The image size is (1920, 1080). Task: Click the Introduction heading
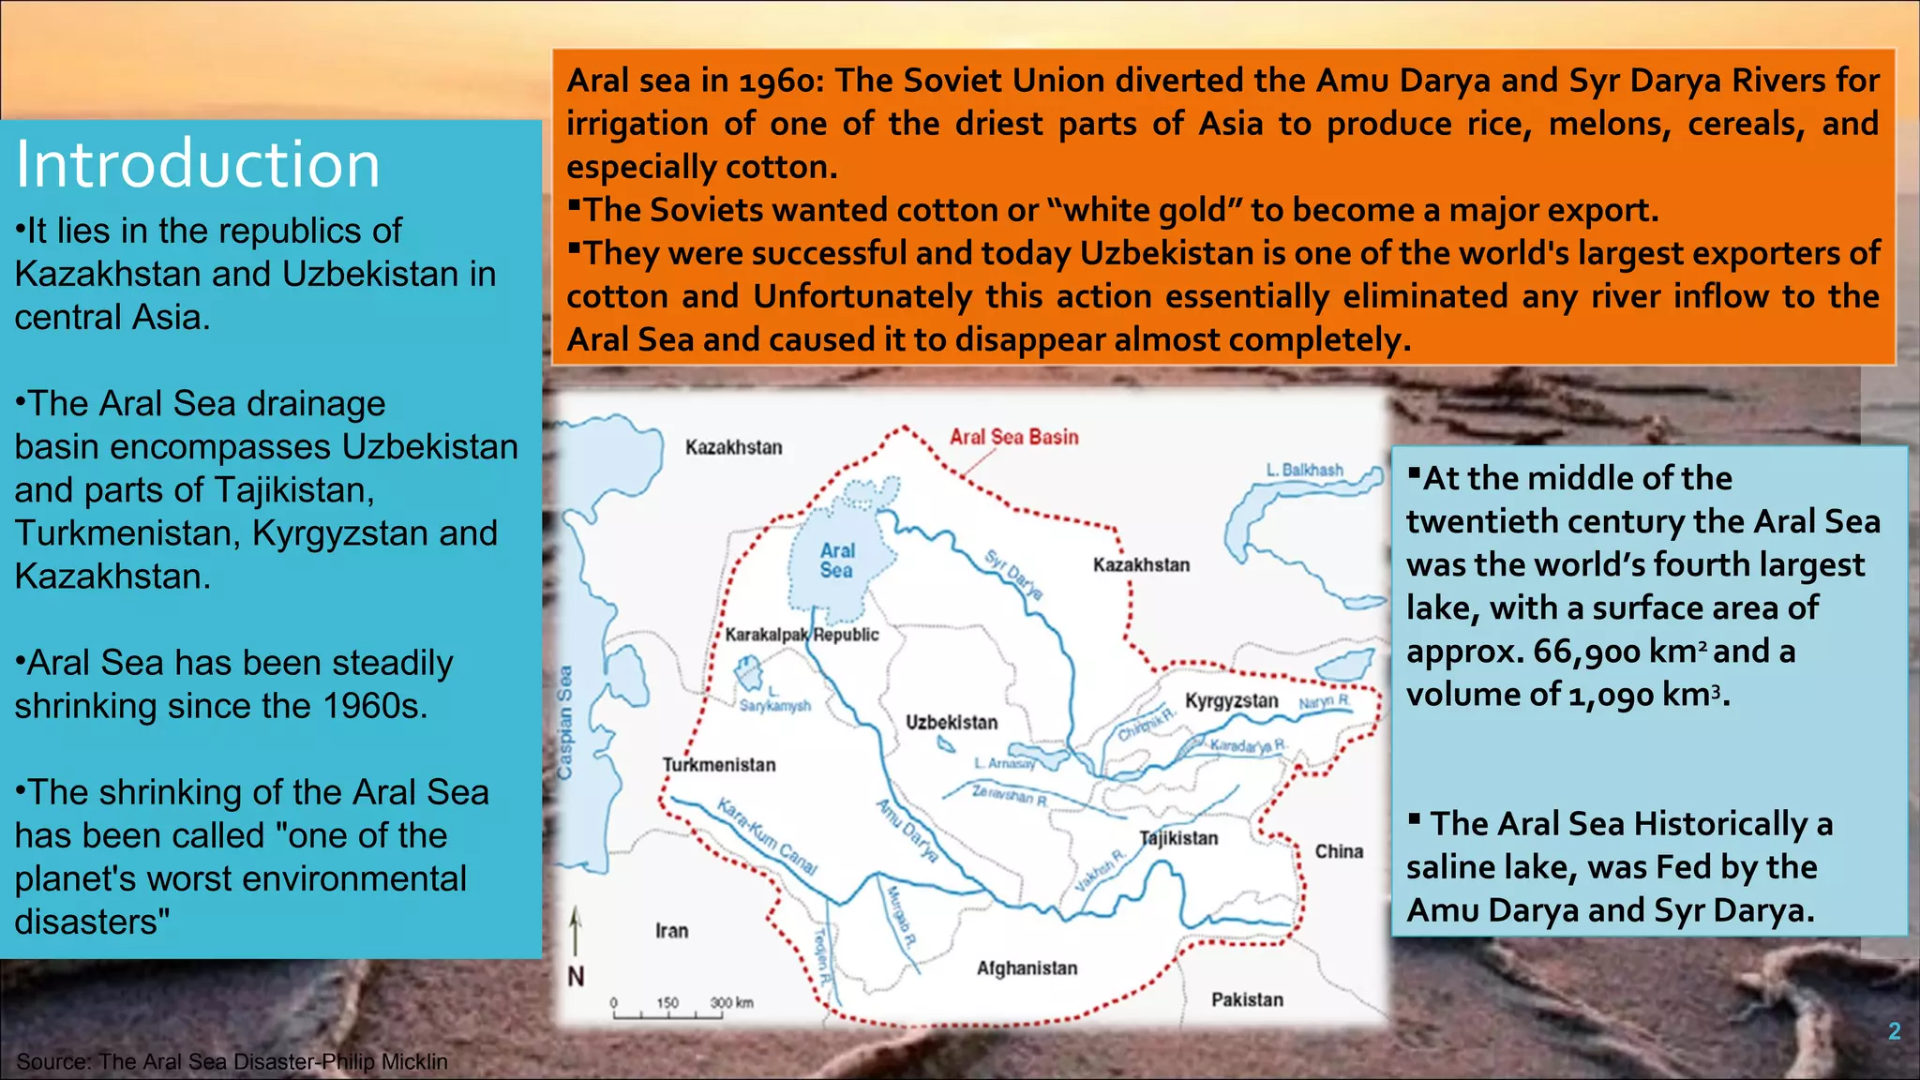pos(198,164)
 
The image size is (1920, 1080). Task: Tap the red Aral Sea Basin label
pos(1013,437)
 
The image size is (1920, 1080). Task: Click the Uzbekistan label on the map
pos(952,722)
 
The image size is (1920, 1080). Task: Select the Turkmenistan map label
pos(719,765)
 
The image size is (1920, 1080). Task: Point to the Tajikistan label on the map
pos(1178,838)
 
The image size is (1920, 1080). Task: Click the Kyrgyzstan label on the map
pos(1231,701)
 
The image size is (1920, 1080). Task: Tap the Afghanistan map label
pos(1027,967)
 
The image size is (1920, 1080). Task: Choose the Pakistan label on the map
pos(1247,999)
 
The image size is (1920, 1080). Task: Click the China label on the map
pos(1339,851)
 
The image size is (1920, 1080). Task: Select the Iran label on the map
pos(671,931)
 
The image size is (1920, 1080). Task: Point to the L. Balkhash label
pos(1304,470)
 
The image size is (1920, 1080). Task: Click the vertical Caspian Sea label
pos(564,722)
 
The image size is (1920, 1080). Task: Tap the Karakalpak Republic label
pos(802,635)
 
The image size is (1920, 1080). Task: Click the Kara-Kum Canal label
pos(767,835)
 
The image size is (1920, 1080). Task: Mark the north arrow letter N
pos(576,977)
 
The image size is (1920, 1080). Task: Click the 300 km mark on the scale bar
pos(731,1003)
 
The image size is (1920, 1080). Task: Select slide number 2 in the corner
pos(1894,1031)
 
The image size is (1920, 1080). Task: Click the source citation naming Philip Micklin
pos(232,1061)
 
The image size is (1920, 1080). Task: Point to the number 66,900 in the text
pos(1586,652)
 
